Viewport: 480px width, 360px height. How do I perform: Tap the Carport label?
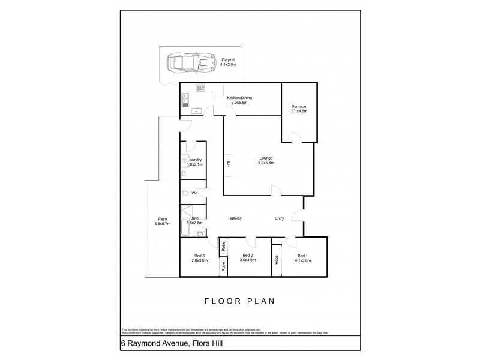click(227, 62)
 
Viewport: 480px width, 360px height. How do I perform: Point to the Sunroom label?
click(299, 109)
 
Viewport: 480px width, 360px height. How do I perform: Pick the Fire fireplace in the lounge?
click(229, 164)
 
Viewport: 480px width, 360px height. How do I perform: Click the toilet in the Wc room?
click(185, 193)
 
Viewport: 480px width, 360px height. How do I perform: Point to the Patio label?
click(162, 221)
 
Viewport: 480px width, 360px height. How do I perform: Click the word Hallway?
click(235, 218)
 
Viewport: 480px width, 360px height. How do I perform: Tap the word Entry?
click(280, 218)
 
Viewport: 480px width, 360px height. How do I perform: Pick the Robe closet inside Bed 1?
click(276, 260)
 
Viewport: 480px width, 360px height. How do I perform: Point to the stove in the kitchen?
click(200, 89)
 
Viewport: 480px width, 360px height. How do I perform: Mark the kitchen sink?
click(185, 99)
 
